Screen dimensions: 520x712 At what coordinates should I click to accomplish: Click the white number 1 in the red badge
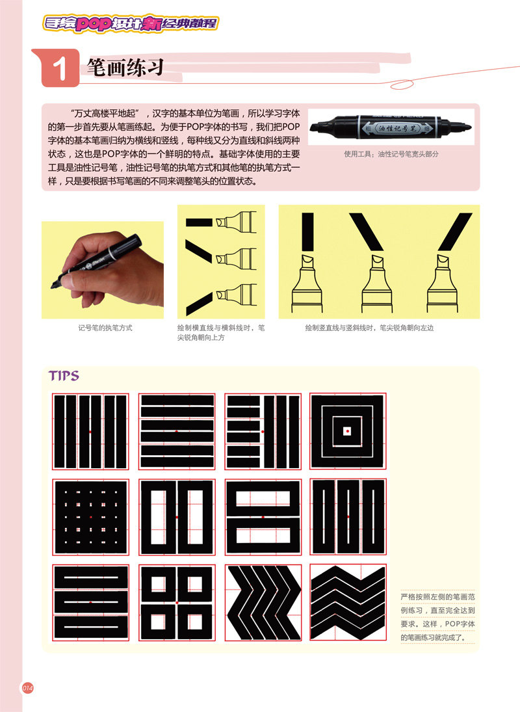pos(59,69)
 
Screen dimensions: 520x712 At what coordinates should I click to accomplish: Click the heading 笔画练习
pos(125,67)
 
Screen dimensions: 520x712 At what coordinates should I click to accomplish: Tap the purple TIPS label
pos(64,376)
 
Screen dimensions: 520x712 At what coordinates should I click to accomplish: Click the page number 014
pos(28,689)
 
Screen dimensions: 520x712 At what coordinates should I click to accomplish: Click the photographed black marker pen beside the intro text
pos(391,127)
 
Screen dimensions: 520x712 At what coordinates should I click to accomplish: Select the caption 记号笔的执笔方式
pos(105,328)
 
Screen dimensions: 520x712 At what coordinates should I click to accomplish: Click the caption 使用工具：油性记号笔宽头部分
pos(391,154)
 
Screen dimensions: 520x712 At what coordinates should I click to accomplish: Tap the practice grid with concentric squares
pos(348,431)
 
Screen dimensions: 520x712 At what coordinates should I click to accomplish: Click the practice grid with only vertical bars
pos(91,431)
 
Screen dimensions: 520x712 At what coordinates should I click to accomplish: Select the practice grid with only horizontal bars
pos(177,431)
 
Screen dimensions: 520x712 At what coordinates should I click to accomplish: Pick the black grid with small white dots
pos(91,517)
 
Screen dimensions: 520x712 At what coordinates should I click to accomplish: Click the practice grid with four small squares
pos(177,603)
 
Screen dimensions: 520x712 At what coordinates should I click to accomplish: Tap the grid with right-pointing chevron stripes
pos(263,603)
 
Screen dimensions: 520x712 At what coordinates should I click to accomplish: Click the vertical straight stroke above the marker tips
pos(307,231)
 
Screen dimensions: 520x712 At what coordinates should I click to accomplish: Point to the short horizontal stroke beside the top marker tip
pos(199,222)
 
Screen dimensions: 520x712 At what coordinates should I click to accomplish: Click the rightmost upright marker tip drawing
pos(442,283)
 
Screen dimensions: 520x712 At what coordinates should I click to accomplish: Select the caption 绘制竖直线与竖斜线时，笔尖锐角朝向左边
pos(369,328)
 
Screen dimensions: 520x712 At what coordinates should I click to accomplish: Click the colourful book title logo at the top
pos(131,23)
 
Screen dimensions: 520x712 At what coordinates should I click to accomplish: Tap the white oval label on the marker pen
pos(398,129)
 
